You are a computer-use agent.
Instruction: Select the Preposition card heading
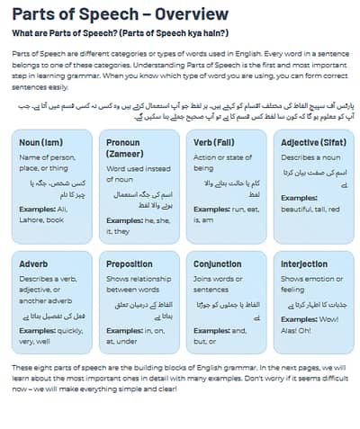[x=129, y=264]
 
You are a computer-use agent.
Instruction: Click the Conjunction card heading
[x=219, y=264]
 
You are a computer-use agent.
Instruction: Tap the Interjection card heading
[x=304, y=264]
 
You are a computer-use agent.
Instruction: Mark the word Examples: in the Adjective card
[x=299, y=197]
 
